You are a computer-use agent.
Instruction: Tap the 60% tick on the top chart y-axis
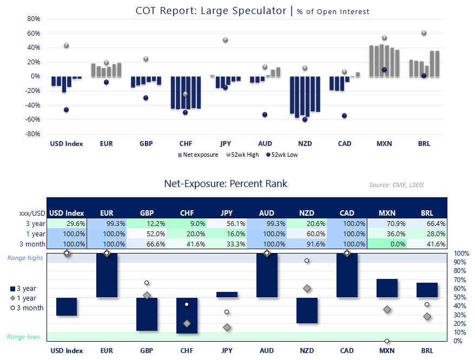(x=34, y=33)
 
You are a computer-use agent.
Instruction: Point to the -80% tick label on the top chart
(x=32, y=134)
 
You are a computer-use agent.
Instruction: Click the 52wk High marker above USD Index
(x=66, y=45)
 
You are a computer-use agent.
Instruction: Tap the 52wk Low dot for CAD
(x=344, y=116)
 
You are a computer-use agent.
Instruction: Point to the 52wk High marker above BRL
(x=424, y=33)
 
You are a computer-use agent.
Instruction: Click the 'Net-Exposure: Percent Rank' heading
(x=226, y=184)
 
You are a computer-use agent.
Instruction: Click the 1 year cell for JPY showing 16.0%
(x=225, y=234)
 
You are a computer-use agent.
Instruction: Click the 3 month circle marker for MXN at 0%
(x=387, y=341)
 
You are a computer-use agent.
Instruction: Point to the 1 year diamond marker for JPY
(x=227, y=327)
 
